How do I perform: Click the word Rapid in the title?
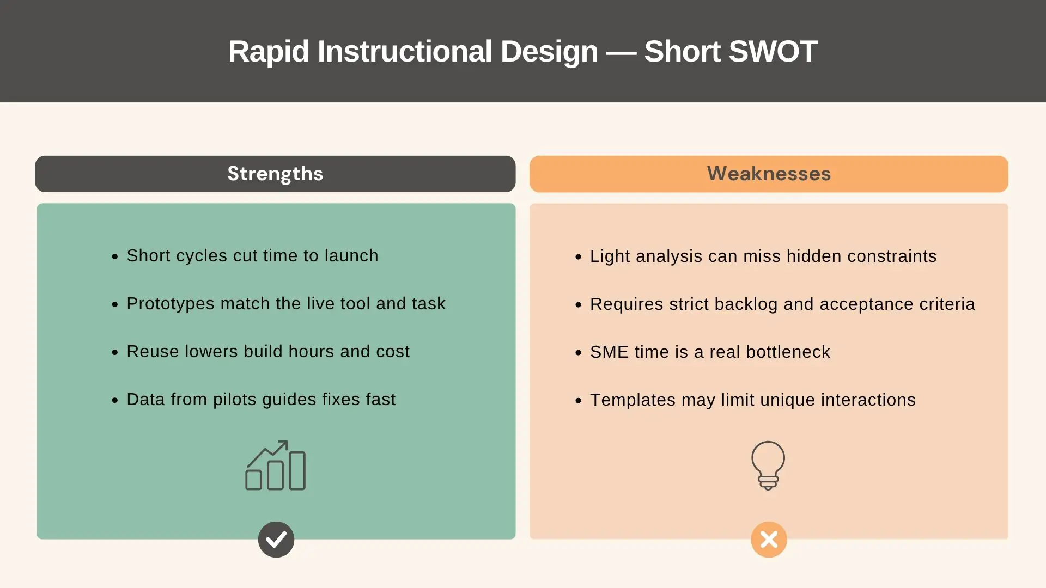coord(268,52)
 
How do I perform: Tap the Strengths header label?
coord(275,174)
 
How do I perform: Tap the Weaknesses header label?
coord(769,174)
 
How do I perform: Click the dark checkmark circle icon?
coord(276,540)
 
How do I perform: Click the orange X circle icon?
coord(769,540)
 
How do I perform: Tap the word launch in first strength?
coord(351,256)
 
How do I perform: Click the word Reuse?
coord(153,352)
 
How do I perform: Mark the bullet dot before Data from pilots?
coord(115,401)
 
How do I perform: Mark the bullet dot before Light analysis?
coord(579,257)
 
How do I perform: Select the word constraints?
coord(891,256)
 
